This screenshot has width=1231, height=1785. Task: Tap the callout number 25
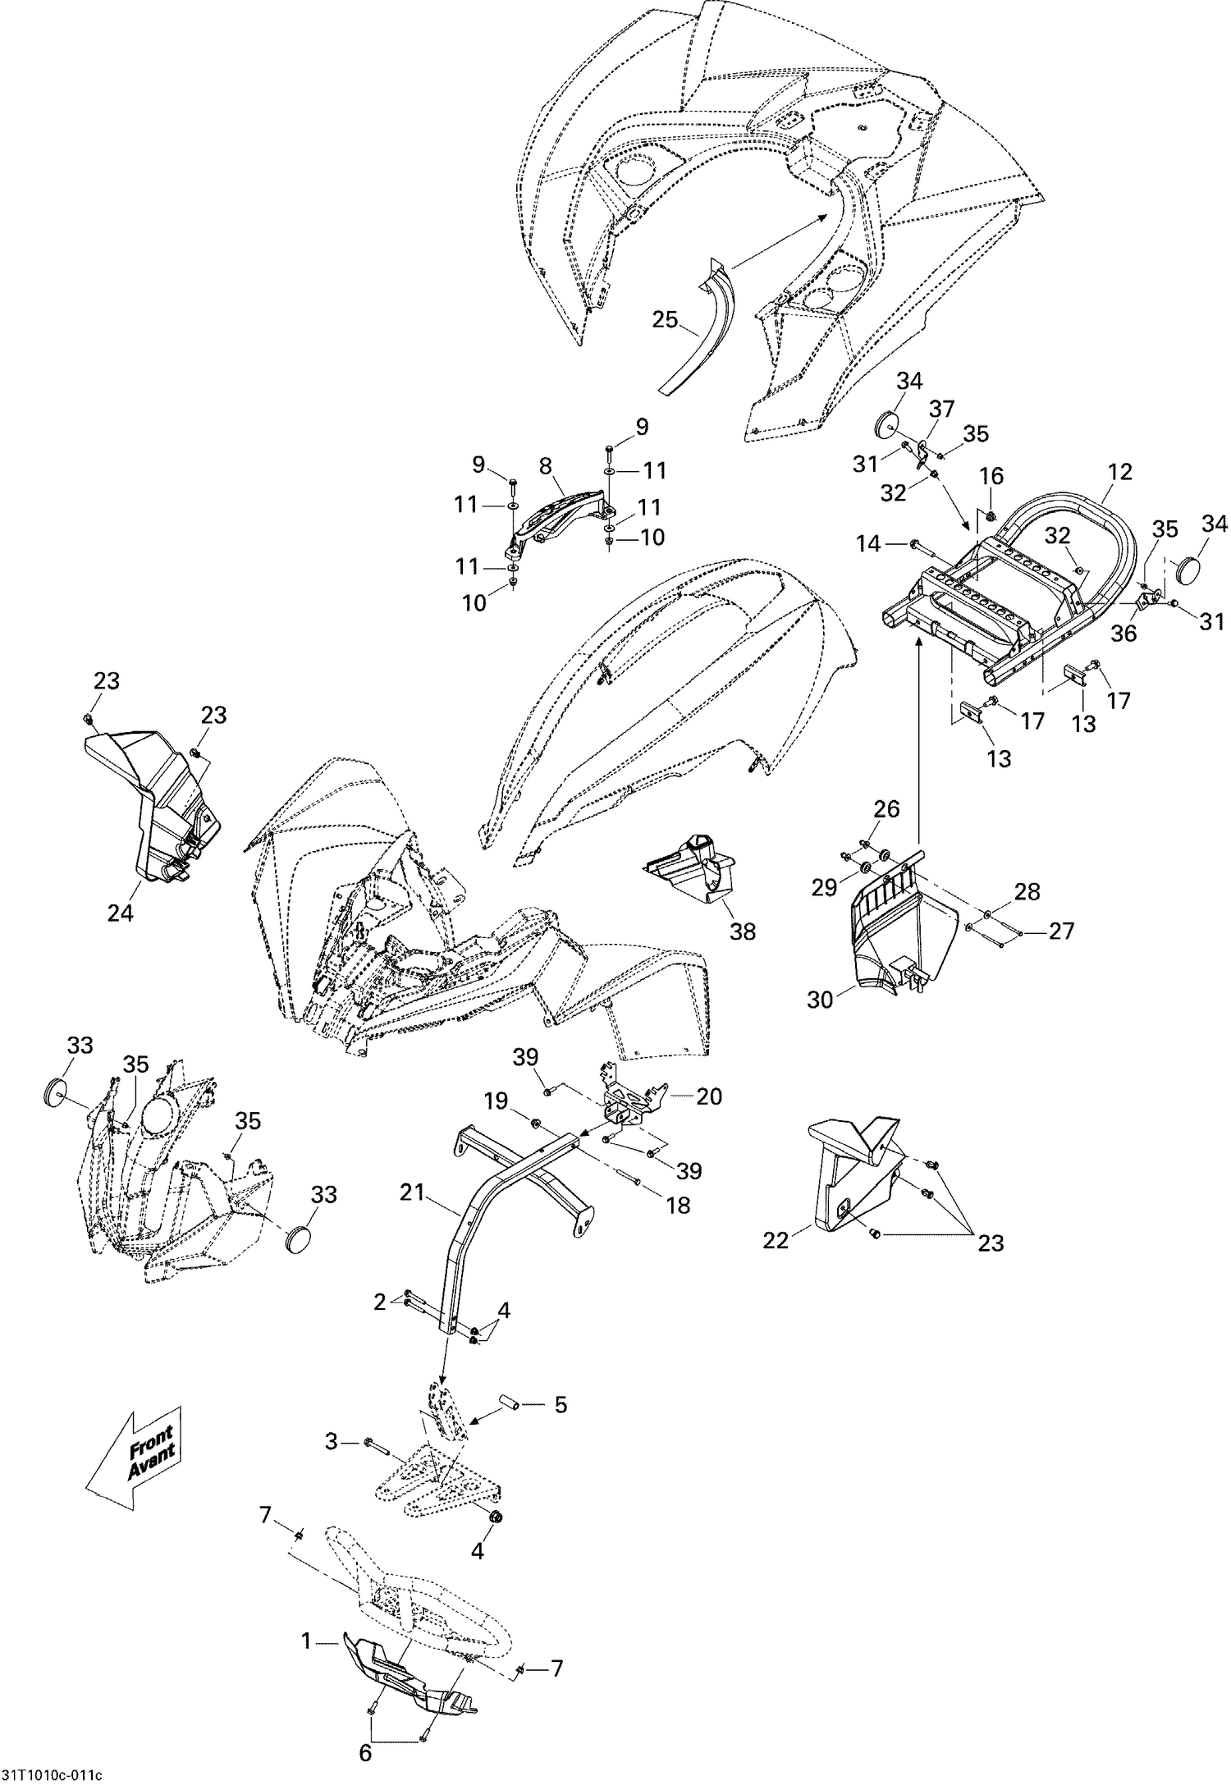coord(666,319)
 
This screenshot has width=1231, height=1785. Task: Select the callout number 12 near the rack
coord(1119,472)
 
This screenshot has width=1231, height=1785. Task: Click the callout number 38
coord(743,931)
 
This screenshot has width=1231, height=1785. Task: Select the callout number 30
coord(820,1000)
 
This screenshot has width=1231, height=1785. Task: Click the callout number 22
coord(776,1240)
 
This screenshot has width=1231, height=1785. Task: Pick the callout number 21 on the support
coord(413,1192)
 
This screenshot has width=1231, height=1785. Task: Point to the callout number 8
coord(545,467)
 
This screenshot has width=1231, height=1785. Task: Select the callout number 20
coord(709,1096)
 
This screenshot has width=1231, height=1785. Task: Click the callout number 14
coord(868,543)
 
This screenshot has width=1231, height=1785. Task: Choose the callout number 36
coord(1124,634)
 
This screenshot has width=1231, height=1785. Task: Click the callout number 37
coord(942,408)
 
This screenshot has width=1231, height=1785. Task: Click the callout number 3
coord(332,1442)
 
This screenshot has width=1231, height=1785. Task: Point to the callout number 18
coord(678,1204)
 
